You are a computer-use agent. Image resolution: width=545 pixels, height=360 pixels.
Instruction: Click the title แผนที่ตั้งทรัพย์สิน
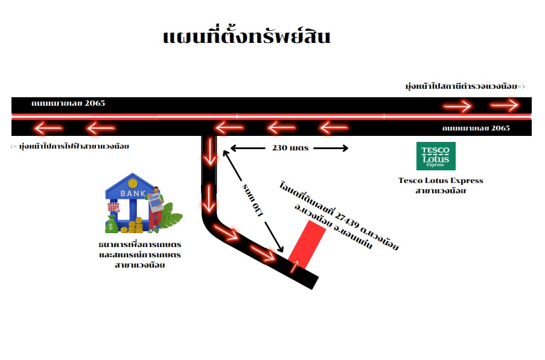(x=246, y=36)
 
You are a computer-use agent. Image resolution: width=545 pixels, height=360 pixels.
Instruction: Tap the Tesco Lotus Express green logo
(x=436, y=156)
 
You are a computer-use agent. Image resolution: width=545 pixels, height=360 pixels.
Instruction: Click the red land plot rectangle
(x=307, y=245)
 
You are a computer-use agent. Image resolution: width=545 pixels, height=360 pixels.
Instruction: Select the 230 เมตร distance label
(x=290, y=148)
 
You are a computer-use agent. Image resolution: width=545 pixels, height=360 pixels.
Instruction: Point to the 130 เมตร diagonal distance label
(x=253, y=200)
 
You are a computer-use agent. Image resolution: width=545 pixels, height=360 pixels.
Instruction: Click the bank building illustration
(x=130, y=202)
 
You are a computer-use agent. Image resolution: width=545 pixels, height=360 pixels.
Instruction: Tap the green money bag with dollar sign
(x=111, y=225)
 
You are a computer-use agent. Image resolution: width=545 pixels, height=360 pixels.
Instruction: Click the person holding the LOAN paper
(x=155, y=210)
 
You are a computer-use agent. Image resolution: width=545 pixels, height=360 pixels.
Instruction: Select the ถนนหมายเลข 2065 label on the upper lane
(x=68, y=103)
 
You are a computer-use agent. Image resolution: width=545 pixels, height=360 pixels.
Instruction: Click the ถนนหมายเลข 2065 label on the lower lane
(x=476, y=128)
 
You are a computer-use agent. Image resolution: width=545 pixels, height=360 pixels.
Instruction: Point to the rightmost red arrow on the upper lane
(x=505, y=104)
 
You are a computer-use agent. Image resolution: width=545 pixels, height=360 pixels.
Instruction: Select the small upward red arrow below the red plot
(x=295, y=266)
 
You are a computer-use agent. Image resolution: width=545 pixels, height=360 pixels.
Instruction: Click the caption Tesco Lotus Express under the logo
(x=441, y=181)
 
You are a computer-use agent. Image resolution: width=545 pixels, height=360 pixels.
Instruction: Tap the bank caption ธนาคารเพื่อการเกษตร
(x=140, y=244)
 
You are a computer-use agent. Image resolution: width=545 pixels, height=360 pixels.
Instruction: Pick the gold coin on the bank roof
(x=132, y=182)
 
